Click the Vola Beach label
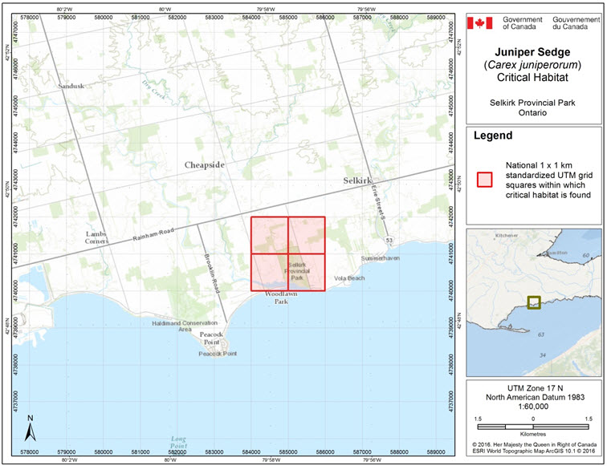[x=348, y=278]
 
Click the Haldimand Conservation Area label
[x=184, y=326]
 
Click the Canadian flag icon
[x=479, y=22]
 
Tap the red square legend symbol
[x=484, y=179]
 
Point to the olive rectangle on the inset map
[x=534, y=303]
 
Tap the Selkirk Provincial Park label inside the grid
[x=297, y=271]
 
